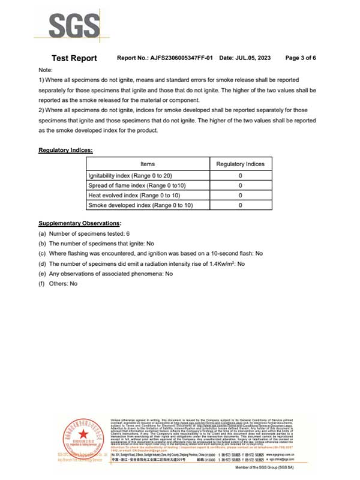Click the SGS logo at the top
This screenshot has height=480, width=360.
74,27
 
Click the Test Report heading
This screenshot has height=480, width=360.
74,58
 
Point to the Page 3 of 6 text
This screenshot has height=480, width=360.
301,58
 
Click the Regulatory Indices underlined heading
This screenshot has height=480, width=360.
65,149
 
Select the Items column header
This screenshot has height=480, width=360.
148,164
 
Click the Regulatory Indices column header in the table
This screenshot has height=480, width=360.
240,164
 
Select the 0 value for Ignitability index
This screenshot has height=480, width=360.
240,176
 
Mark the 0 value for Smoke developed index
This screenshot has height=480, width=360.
240,205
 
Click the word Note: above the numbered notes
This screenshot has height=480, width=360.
46,70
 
